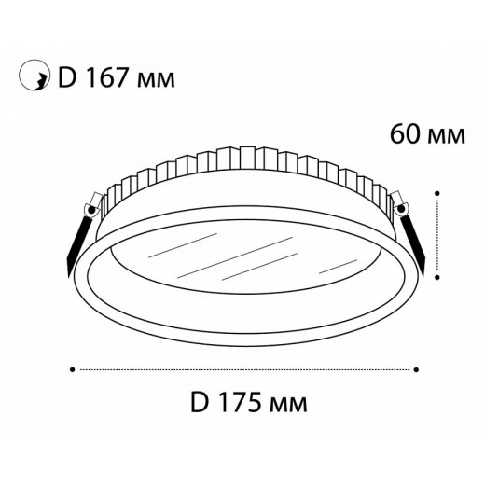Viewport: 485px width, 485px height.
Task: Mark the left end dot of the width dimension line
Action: point(73,369)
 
